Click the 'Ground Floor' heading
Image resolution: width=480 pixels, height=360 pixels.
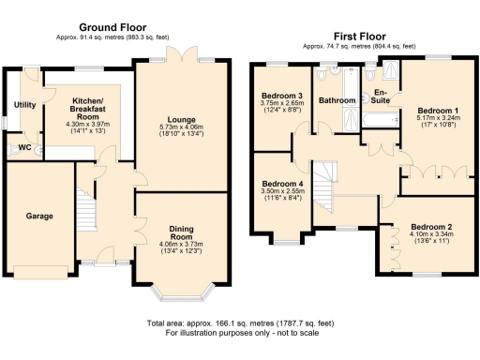click(x=115, y=27)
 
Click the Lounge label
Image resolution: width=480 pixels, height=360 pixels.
click(x=182, y=120)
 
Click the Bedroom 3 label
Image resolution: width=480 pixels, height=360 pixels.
click(x=281, y=97)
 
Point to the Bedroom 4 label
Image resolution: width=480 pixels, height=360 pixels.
click(x=281, y=183)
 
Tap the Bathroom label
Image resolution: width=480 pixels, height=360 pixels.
click(x=335, y=99)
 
